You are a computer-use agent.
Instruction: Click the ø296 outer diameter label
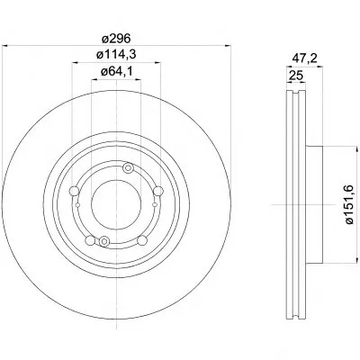[116, 39]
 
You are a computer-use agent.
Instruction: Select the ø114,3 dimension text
[116, 55]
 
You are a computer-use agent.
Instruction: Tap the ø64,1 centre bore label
[116, 71]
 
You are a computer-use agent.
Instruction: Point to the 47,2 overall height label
[305, 58]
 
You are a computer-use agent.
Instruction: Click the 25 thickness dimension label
[296, 75]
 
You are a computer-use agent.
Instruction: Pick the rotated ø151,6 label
[350, 204]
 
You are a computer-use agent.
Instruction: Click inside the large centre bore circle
[116, 204]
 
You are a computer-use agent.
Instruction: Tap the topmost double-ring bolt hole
[128, 168]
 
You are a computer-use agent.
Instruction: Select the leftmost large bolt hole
[74, 191]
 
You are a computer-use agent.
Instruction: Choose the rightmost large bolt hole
[158, 191]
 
